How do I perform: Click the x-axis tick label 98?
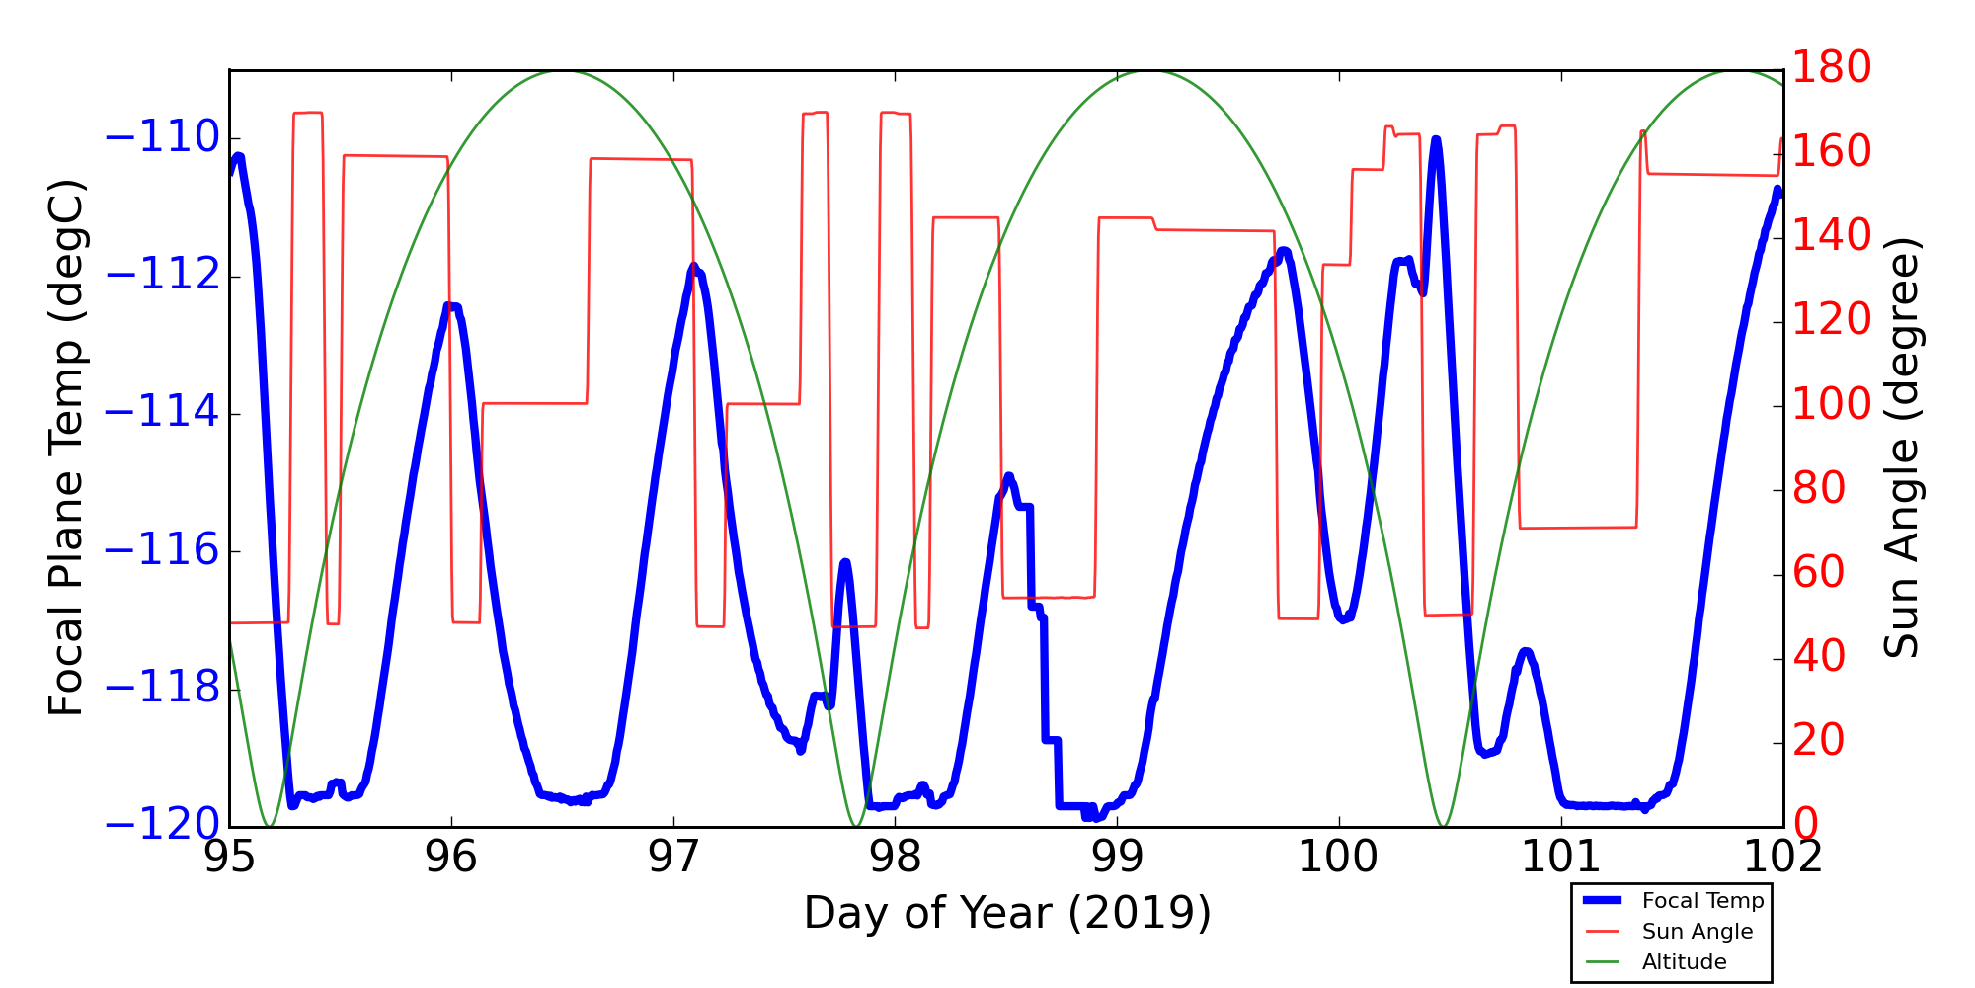tap(896, 857)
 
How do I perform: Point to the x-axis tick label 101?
tap(1561, 857)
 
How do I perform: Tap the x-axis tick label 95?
tap(229, 857)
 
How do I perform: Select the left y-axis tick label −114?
tap(162, 413)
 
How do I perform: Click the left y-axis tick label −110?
tap(162, 138)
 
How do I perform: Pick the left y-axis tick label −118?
tap(162, 688)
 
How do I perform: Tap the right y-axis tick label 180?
tap(1832, 68)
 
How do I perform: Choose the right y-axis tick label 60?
tap(1819, 573)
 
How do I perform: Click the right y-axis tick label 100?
tap(1832, 405)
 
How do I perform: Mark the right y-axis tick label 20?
tap(1819, 741)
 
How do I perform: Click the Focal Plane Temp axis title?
tap(67, 448)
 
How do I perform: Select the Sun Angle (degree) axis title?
tap(1901, 448)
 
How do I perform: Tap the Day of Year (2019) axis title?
tap(1006, 913)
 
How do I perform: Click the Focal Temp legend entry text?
tap(1702, 901)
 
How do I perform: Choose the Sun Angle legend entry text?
tap(1698, 932)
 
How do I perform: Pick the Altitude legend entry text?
tap(1684, 962)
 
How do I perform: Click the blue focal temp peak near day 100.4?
tap(1435, 140)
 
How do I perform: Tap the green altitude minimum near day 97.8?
tap(855, 826)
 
